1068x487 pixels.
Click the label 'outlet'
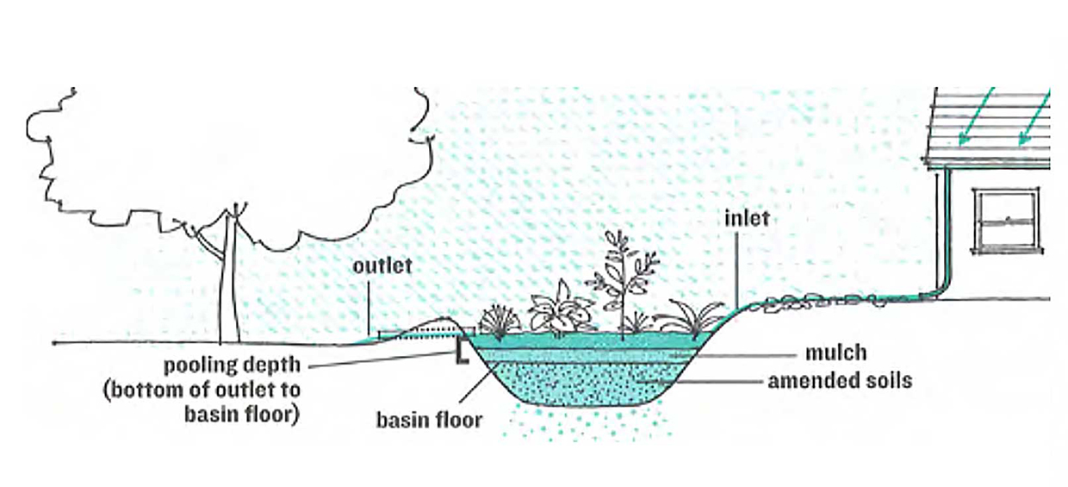[x=382, y=266]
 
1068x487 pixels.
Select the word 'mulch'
[x=835, y=353]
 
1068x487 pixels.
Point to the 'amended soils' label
[x=839, y=379]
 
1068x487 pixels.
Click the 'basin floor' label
[x=429, y=421]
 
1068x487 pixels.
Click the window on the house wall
[x=1005, y=222]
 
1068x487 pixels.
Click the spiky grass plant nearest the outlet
[x=498, y=322]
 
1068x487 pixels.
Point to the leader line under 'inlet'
[x=736, y=267]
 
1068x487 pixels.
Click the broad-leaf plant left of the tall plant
[x=560, y=309]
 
